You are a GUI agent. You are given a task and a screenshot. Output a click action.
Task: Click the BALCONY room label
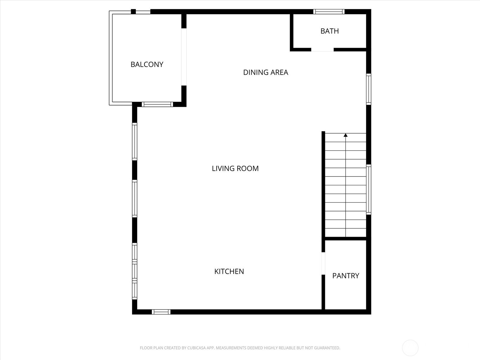147,64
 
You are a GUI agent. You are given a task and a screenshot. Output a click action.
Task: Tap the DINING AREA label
265,72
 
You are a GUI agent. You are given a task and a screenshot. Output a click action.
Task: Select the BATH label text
329,31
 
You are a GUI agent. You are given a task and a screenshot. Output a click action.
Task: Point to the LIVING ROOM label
235,169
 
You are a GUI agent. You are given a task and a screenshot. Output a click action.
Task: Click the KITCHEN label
229,271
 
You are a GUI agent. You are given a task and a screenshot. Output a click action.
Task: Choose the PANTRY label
346,276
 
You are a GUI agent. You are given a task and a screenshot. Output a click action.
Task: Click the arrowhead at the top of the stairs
346,135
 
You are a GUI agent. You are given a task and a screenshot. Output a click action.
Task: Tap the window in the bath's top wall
329,12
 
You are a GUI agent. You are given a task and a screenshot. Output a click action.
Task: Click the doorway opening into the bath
322,49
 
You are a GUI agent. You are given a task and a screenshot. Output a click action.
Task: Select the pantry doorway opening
323,263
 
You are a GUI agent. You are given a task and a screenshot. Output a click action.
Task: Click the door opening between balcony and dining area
184,57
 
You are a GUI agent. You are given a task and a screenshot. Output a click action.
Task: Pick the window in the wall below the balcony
157,104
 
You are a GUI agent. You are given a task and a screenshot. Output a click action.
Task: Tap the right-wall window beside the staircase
369,190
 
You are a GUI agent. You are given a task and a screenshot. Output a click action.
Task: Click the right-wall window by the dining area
369,89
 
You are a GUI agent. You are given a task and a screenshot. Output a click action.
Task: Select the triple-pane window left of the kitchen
134,271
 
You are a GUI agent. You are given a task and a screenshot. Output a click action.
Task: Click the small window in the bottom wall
161,312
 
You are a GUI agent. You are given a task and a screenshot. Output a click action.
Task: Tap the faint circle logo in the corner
410,348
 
